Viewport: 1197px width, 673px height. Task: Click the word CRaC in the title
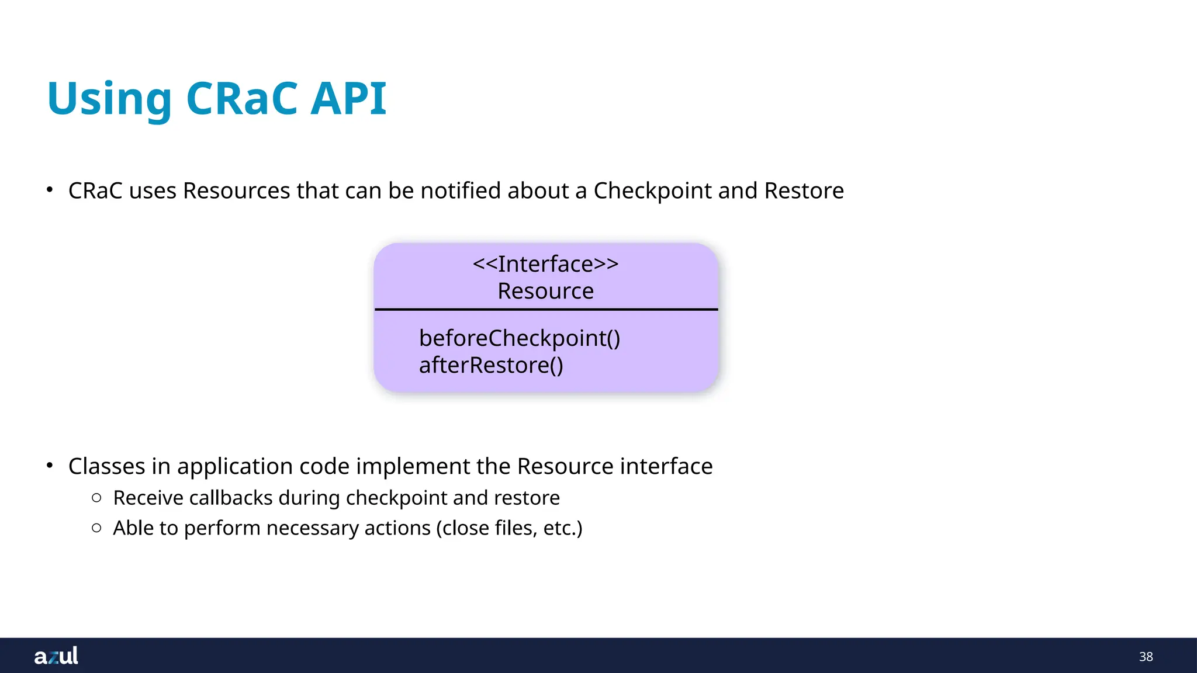(x=243, y=98)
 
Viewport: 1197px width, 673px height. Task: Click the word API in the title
(x=348, y=98)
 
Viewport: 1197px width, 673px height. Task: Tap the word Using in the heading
(x=109, y=99)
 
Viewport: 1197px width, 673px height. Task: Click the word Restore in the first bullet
(x=804, y=191)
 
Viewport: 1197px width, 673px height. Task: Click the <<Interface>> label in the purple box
(x=545, y=264)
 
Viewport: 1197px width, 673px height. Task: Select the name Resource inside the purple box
(x=545, y=291)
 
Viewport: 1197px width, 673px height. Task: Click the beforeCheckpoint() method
(x=520, y=338)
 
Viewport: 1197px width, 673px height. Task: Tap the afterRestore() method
(x=491, y=365)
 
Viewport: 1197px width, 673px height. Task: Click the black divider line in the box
(x=545, y=309)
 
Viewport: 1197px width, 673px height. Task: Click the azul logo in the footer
(x=56, y=655)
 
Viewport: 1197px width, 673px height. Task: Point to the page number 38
(x=1146, y=657)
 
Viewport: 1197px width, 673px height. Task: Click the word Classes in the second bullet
(x=106, y=466)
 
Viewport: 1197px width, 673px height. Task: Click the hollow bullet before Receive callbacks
(x=97, y=498)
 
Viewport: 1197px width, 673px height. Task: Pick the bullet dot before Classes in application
(x=50, y=466)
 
